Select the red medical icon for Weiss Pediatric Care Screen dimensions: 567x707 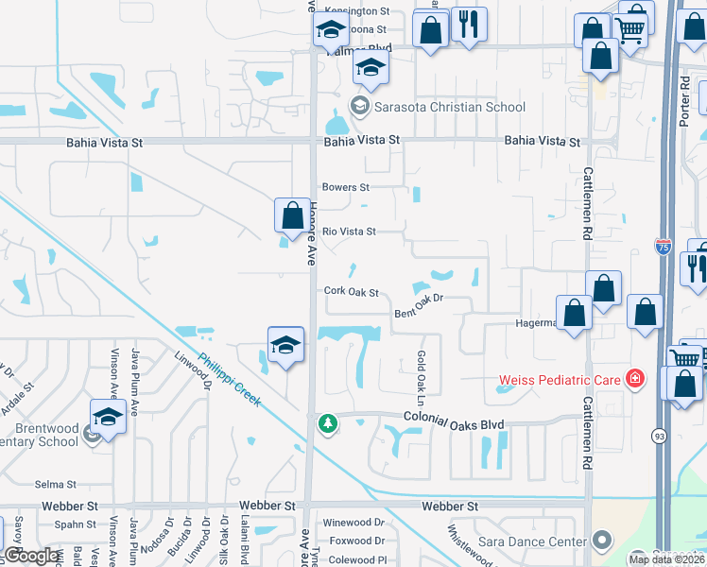pos(636,380)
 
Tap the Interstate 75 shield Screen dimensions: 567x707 pos(664,248)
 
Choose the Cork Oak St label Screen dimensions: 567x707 pos(351,293)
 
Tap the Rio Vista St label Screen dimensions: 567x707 pos(349,232)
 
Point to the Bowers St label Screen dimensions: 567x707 pos(345,187)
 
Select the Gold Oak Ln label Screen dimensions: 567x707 pos(420,374)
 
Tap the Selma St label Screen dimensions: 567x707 pos(54,485)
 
